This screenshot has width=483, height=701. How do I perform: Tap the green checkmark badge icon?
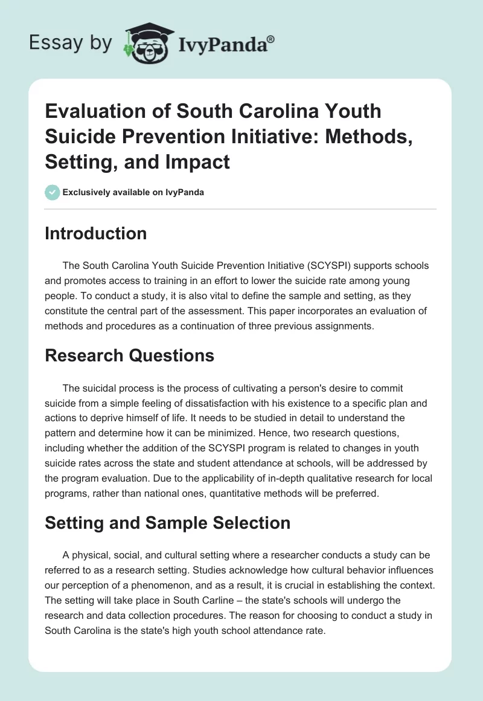point(53,193)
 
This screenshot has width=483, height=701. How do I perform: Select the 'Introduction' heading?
point(95,234)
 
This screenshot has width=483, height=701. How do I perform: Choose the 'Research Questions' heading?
point(129,355)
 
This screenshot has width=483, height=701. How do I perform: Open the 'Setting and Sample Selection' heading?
point(167,523)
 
